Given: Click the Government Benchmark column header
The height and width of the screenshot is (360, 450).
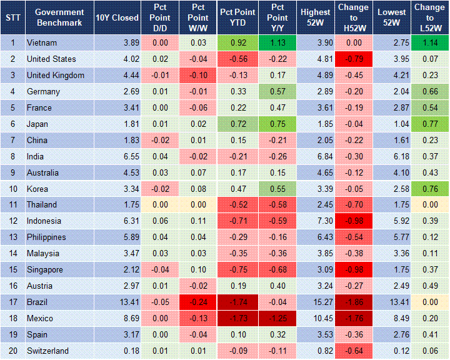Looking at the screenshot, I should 59,17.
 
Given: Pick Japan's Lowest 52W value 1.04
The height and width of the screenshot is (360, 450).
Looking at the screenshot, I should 393,124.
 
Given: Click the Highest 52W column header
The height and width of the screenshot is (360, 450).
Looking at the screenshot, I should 315,17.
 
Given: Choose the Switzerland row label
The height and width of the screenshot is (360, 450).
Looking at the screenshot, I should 47,351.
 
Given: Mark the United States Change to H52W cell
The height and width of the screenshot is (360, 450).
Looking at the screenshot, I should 353,59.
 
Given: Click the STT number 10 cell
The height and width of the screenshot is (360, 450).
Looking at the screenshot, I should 12,189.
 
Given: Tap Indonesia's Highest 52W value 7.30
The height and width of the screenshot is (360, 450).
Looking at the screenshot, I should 315,221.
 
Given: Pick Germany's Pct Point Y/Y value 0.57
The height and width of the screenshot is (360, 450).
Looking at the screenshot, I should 277,91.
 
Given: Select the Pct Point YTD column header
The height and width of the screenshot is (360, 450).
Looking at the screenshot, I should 236,17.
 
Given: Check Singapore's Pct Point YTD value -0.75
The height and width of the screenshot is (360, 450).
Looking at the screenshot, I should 236,270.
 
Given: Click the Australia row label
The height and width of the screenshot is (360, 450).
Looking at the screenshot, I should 43,172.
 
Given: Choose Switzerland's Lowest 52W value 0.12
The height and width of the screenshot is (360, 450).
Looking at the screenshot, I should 393,351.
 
